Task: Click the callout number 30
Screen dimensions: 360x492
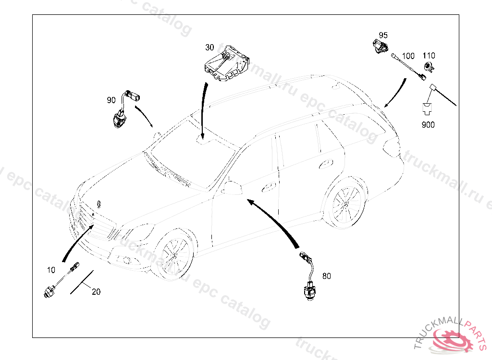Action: click(209, 48)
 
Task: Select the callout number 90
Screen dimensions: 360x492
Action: click(111, 100)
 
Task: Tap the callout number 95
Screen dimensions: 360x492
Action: click(383, 36)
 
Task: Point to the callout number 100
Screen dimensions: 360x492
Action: click(408, 56)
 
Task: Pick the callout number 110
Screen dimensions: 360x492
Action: click(429, 56)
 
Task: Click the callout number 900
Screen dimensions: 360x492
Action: click(428, 125)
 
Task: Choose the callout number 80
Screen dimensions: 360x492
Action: click(327, 276)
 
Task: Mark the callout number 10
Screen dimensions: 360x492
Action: click(51, 270)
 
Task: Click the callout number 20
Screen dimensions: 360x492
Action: click(96, 292)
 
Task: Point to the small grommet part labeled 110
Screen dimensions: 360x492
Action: click(428, 67)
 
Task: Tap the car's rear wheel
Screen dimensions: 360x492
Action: click(344, 201)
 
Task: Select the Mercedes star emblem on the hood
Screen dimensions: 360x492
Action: click(98, 203)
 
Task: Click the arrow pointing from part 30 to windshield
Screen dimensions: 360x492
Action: click(203, 110)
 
